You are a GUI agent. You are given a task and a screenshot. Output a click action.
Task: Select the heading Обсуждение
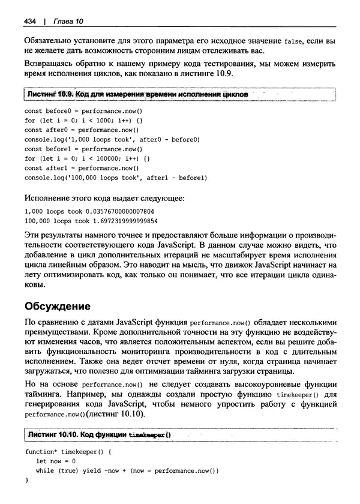tap(58, 305)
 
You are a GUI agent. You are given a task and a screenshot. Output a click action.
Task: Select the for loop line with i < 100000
tap(86, 158)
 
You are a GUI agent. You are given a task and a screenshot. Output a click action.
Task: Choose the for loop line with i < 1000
tap(83, 121)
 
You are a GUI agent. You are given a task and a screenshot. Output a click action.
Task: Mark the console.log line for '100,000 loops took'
tap(115, 178)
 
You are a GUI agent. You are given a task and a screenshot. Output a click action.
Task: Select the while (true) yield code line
tap(128, 470)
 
